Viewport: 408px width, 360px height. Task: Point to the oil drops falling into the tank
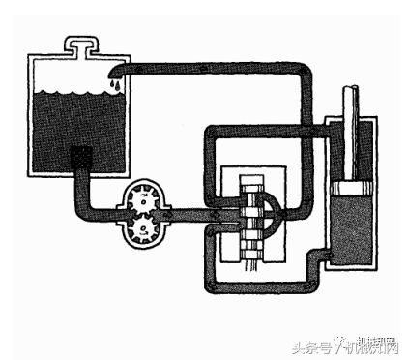[x=115, y=86]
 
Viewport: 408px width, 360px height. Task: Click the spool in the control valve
[x=255, y=217]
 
